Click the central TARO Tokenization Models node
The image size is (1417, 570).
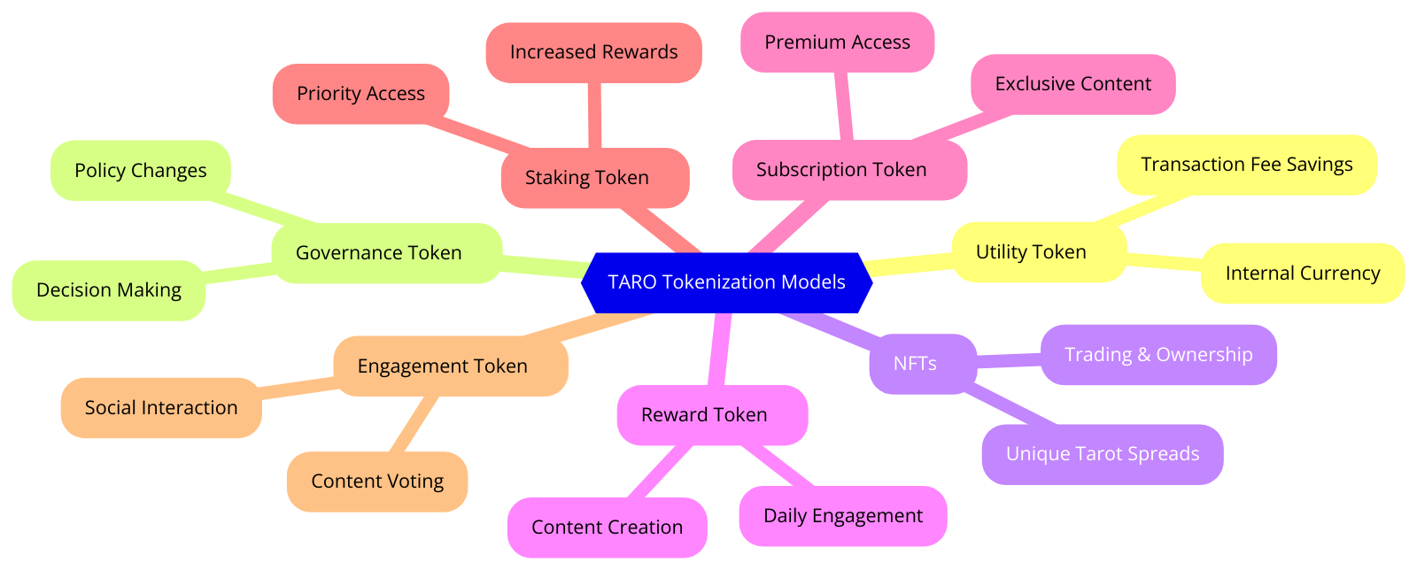pyautogui.click(x=726, y=282)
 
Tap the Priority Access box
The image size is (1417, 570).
pyautogui.click(x=360, y=94)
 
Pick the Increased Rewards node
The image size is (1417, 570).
pyautogui.click(x=593, y=52)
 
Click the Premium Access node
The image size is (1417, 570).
pyautogui.click(x=837, y=42)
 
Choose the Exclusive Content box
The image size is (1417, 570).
pyautogui.click(x=1072, y=84)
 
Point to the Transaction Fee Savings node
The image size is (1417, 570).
pyautogui.click(x=1246, y=165)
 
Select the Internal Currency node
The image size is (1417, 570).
pyautogui.click(x=1302, y=273)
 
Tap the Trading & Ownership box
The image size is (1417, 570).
pyautogui.click(x=1158, y=355)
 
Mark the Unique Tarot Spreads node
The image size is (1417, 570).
pyautogui.click(x=1102, y=454)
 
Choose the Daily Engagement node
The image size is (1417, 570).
pyautogui.click(x=842, y=516)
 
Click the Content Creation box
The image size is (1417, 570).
pyautogui.click(x=607, y=528)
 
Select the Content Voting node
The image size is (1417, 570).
pyautogui.click(x=377, y=481)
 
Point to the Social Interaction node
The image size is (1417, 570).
pyautogui.click(x=161, y=408)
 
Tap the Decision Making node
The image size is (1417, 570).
pyautogui.click(x=108, y=290)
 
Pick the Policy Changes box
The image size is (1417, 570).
pyautogui.click(x=140, y=171)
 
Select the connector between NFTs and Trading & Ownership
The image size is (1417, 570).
pyautogui.click(x=1009, y=359)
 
